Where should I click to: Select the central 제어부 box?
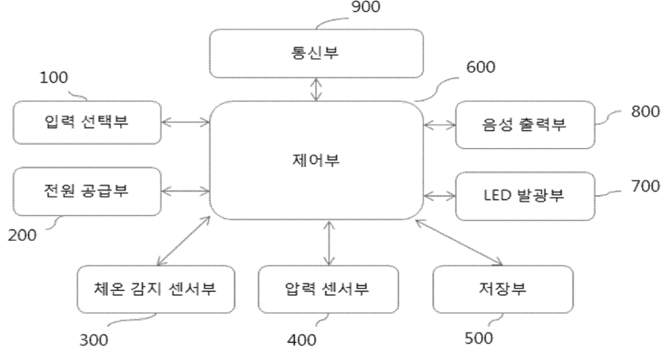point(316,160)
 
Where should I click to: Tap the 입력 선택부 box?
point(87,122)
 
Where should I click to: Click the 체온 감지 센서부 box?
point(156,289)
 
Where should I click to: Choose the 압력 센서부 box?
point(327,289)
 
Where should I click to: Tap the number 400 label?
point(300,341)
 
